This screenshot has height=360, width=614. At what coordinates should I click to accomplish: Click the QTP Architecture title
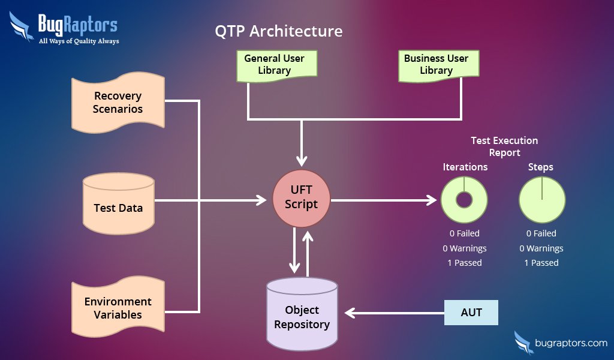(x=279, y=31)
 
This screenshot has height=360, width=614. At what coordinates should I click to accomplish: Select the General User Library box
(x=274, y=65)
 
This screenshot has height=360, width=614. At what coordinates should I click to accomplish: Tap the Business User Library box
(x=436, y=65)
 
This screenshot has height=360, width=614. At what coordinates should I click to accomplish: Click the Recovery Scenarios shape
(x=118, y=103)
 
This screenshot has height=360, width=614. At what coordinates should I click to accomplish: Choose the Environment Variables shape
(x=118, y=308)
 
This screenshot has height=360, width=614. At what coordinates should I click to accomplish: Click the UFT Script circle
(x=301, y=197)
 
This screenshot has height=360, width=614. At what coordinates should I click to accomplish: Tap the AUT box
(x=471, y=313)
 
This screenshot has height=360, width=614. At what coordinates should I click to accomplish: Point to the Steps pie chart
(x=541, y=200)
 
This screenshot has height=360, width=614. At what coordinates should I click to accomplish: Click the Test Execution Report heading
(x=504, y=146)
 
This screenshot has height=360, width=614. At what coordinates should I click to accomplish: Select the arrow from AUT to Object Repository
(x=396, y=313)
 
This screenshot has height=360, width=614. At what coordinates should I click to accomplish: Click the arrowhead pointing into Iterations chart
(x=432, y=200)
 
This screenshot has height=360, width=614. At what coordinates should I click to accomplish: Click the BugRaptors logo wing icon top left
(x=22, y=28)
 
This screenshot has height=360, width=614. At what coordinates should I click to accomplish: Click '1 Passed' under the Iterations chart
(x=464, y=263)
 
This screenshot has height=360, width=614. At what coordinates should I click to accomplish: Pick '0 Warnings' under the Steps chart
(x=541, y=248)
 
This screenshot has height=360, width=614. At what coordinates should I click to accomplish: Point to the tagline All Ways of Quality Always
(x=79, y=41)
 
